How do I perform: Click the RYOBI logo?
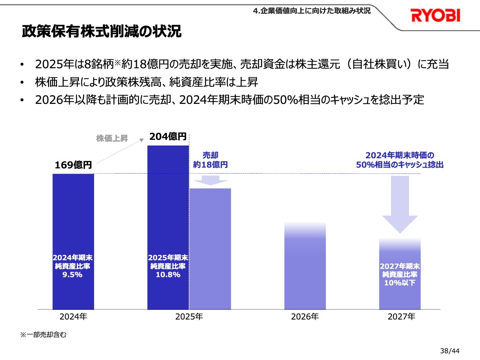point(435,15)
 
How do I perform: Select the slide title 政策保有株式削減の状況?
point(102,31)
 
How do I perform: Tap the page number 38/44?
point(450,351)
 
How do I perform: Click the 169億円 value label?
point(73,165)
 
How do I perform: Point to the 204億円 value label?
point(168,137)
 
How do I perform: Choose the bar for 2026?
point(305,270)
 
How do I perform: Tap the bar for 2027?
point(400,296)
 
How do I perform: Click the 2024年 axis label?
point(73,317)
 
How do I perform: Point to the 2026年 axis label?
point(305,317)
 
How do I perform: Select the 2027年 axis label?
point(401,317)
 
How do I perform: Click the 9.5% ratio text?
point(72,275)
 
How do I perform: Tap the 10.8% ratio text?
point(168,275)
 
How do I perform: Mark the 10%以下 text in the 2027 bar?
point(400,283)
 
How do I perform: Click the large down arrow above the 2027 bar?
point(400,204)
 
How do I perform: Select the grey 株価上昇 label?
point(112,138)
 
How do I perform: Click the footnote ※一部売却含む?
point(43,335)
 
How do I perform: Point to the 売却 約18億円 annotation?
point(210,160)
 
